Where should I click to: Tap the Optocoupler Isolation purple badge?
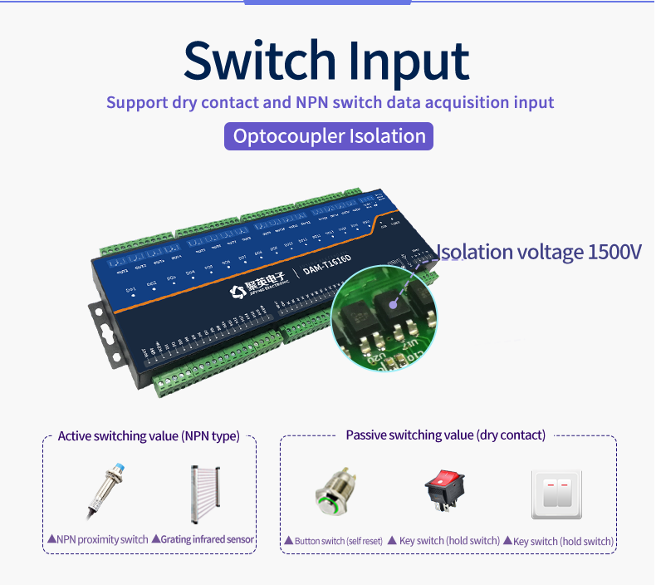pos(329,136)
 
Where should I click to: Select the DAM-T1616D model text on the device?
pos(326,269)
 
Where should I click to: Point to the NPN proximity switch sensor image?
pos(105,489)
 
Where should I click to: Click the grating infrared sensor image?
pos(213,492)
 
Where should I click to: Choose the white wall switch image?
pos(556,494)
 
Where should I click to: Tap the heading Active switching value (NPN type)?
pos(148,436)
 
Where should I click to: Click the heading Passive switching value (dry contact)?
pos(445,435)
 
